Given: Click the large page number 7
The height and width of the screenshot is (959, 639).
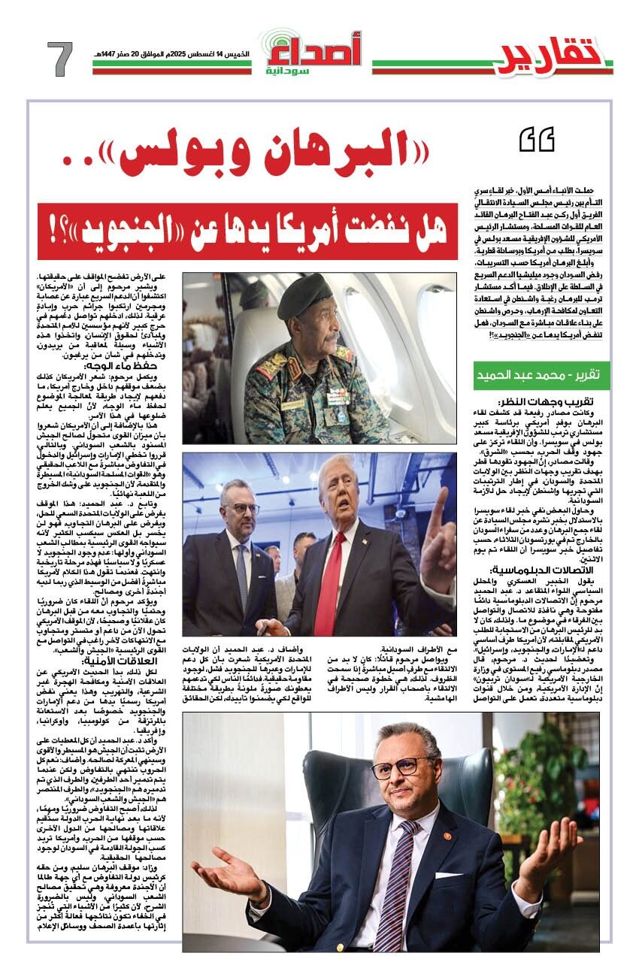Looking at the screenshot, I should click(x=60, y=59).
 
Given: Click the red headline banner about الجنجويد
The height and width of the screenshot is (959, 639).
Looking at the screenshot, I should click(x=248, y=222).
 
